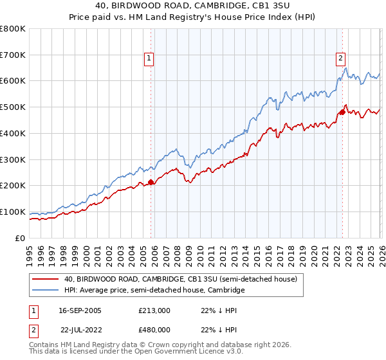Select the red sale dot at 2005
[x=151, y=182]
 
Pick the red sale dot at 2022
[x=342, y=112]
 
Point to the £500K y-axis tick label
[x=12, y=107]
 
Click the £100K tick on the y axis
[x=12, y=212]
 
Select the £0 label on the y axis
[x=21, y=238]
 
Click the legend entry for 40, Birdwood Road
[x=180, y=280]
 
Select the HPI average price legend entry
[x=154, y=291]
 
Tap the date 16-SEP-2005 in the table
[x=80, y=310]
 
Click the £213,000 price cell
[x=154, y=310]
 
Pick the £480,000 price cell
[x=154, y=330]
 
